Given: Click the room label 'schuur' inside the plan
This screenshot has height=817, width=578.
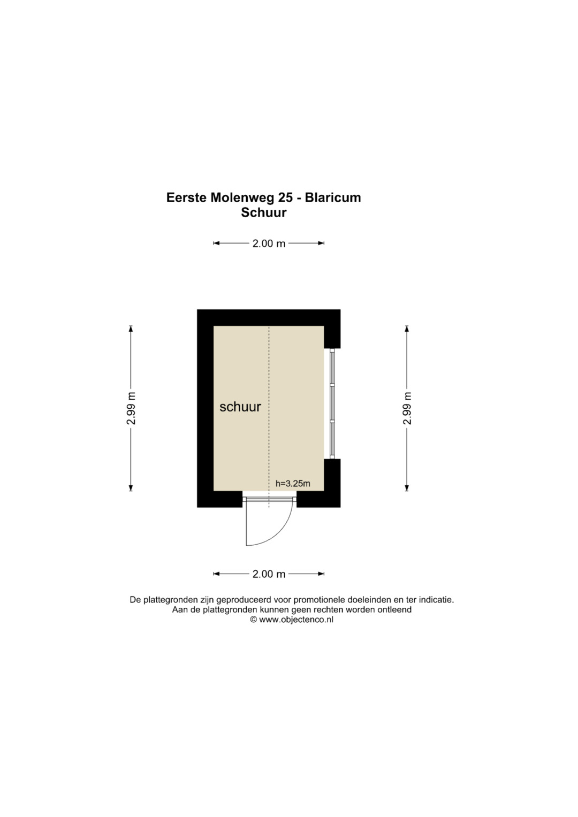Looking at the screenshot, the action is tap(240, 407).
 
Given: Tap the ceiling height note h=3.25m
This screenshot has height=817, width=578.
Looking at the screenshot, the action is tap(293, 484).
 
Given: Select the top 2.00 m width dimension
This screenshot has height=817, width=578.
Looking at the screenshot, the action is tap(269, 243).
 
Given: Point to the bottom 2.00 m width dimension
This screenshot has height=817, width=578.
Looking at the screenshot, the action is tap(269, 574).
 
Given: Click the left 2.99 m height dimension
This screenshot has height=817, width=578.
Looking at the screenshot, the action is tap(131, 408).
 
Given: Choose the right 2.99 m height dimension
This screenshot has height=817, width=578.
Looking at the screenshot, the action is tap(407, 408).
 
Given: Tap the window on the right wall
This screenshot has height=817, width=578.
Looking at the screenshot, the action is tap(332, 404).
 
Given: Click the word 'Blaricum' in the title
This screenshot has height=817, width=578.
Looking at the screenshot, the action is tap(333, 197).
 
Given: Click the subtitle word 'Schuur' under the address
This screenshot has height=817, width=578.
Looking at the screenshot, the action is tap(263, 212).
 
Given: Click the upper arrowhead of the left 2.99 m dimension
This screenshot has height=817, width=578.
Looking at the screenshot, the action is tap(131, 329).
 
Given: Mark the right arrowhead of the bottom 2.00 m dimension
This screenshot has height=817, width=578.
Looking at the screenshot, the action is tap(321, 574).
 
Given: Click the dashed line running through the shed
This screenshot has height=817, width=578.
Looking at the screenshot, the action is tap(269, 417).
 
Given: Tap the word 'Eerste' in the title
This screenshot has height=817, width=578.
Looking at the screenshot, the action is tap(187, 197).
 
